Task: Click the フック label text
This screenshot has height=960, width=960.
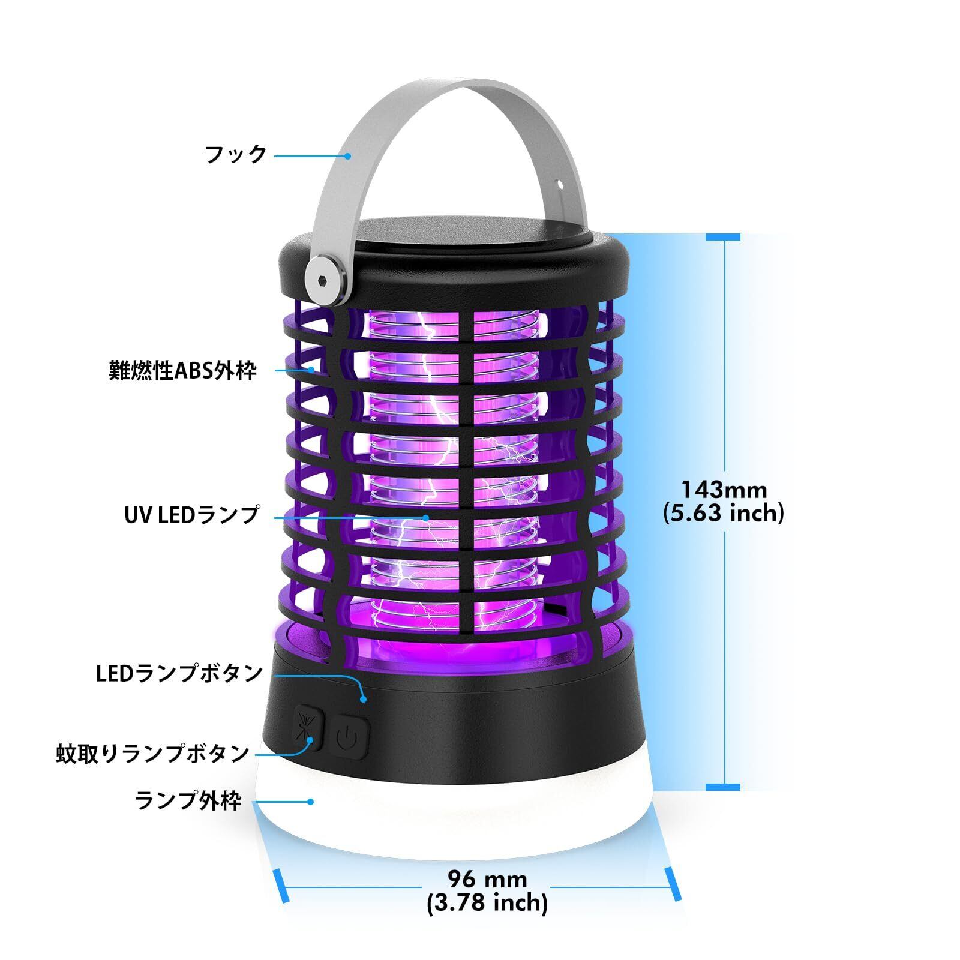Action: [x=236, y=155]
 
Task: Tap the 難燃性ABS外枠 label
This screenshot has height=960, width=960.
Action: [x=182, y=370]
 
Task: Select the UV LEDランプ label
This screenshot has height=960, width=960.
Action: [x=192, y=515]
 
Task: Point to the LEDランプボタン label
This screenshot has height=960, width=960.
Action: [x=179, y=674]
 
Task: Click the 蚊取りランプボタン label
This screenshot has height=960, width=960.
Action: [x=153, y=754]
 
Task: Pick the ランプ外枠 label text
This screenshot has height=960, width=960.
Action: [x=188, y=801]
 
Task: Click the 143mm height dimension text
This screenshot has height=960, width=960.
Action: [x=724, y=490]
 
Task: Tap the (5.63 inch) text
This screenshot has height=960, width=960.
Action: [x=724, y=514]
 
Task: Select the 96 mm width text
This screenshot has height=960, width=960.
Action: [x=487, y=880]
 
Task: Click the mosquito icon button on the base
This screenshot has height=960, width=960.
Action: [x=308, y=730]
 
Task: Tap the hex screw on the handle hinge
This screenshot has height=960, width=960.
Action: [x=326, y=280]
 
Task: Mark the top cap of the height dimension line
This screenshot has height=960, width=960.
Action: [x=723, y=238]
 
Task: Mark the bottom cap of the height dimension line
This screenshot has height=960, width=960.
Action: [x=723, y=787]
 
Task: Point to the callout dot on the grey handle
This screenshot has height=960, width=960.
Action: [x=347, y=155]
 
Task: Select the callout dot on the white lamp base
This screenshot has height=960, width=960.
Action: [x=311, y=802]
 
